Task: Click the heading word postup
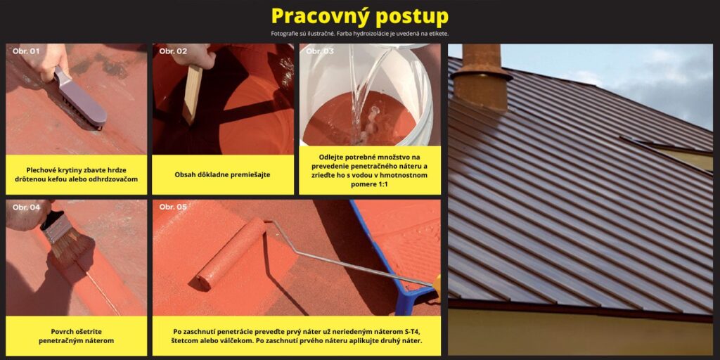(410, 17)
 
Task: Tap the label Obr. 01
(26, 51)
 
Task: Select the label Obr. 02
(173, 51)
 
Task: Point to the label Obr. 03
(320, 51)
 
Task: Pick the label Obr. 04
(26, 207)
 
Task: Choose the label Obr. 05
(173, 207)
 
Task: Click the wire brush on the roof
(81, 98)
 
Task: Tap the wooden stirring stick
(192, 94)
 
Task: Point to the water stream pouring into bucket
(363, 92)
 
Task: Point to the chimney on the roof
(481, 78)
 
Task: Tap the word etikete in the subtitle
(437, 34)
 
